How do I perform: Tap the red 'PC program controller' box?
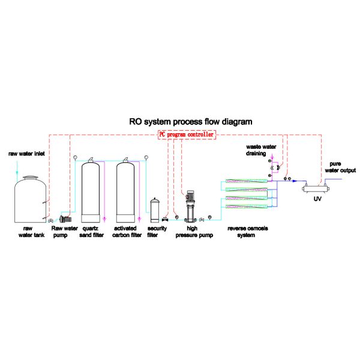186,135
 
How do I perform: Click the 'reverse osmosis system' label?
247,232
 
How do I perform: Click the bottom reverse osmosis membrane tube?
245,206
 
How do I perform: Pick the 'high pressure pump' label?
190,232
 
